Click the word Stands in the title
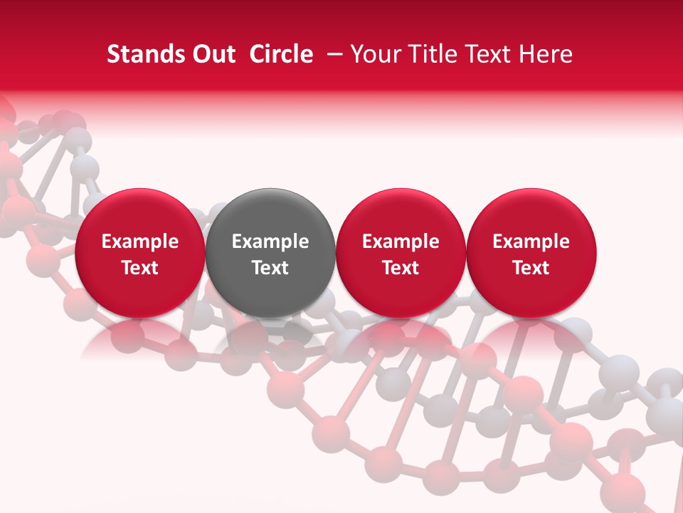point(142,54)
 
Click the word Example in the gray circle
point(270,242)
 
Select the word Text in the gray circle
point(270,268)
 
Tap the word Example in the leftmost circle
point(139,242)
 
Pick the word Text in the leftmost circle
point(139,268)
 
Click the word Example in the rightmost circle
point(531,242)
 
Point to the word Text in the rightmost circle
point(531,268)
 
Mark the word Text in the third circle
point(401,268)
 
